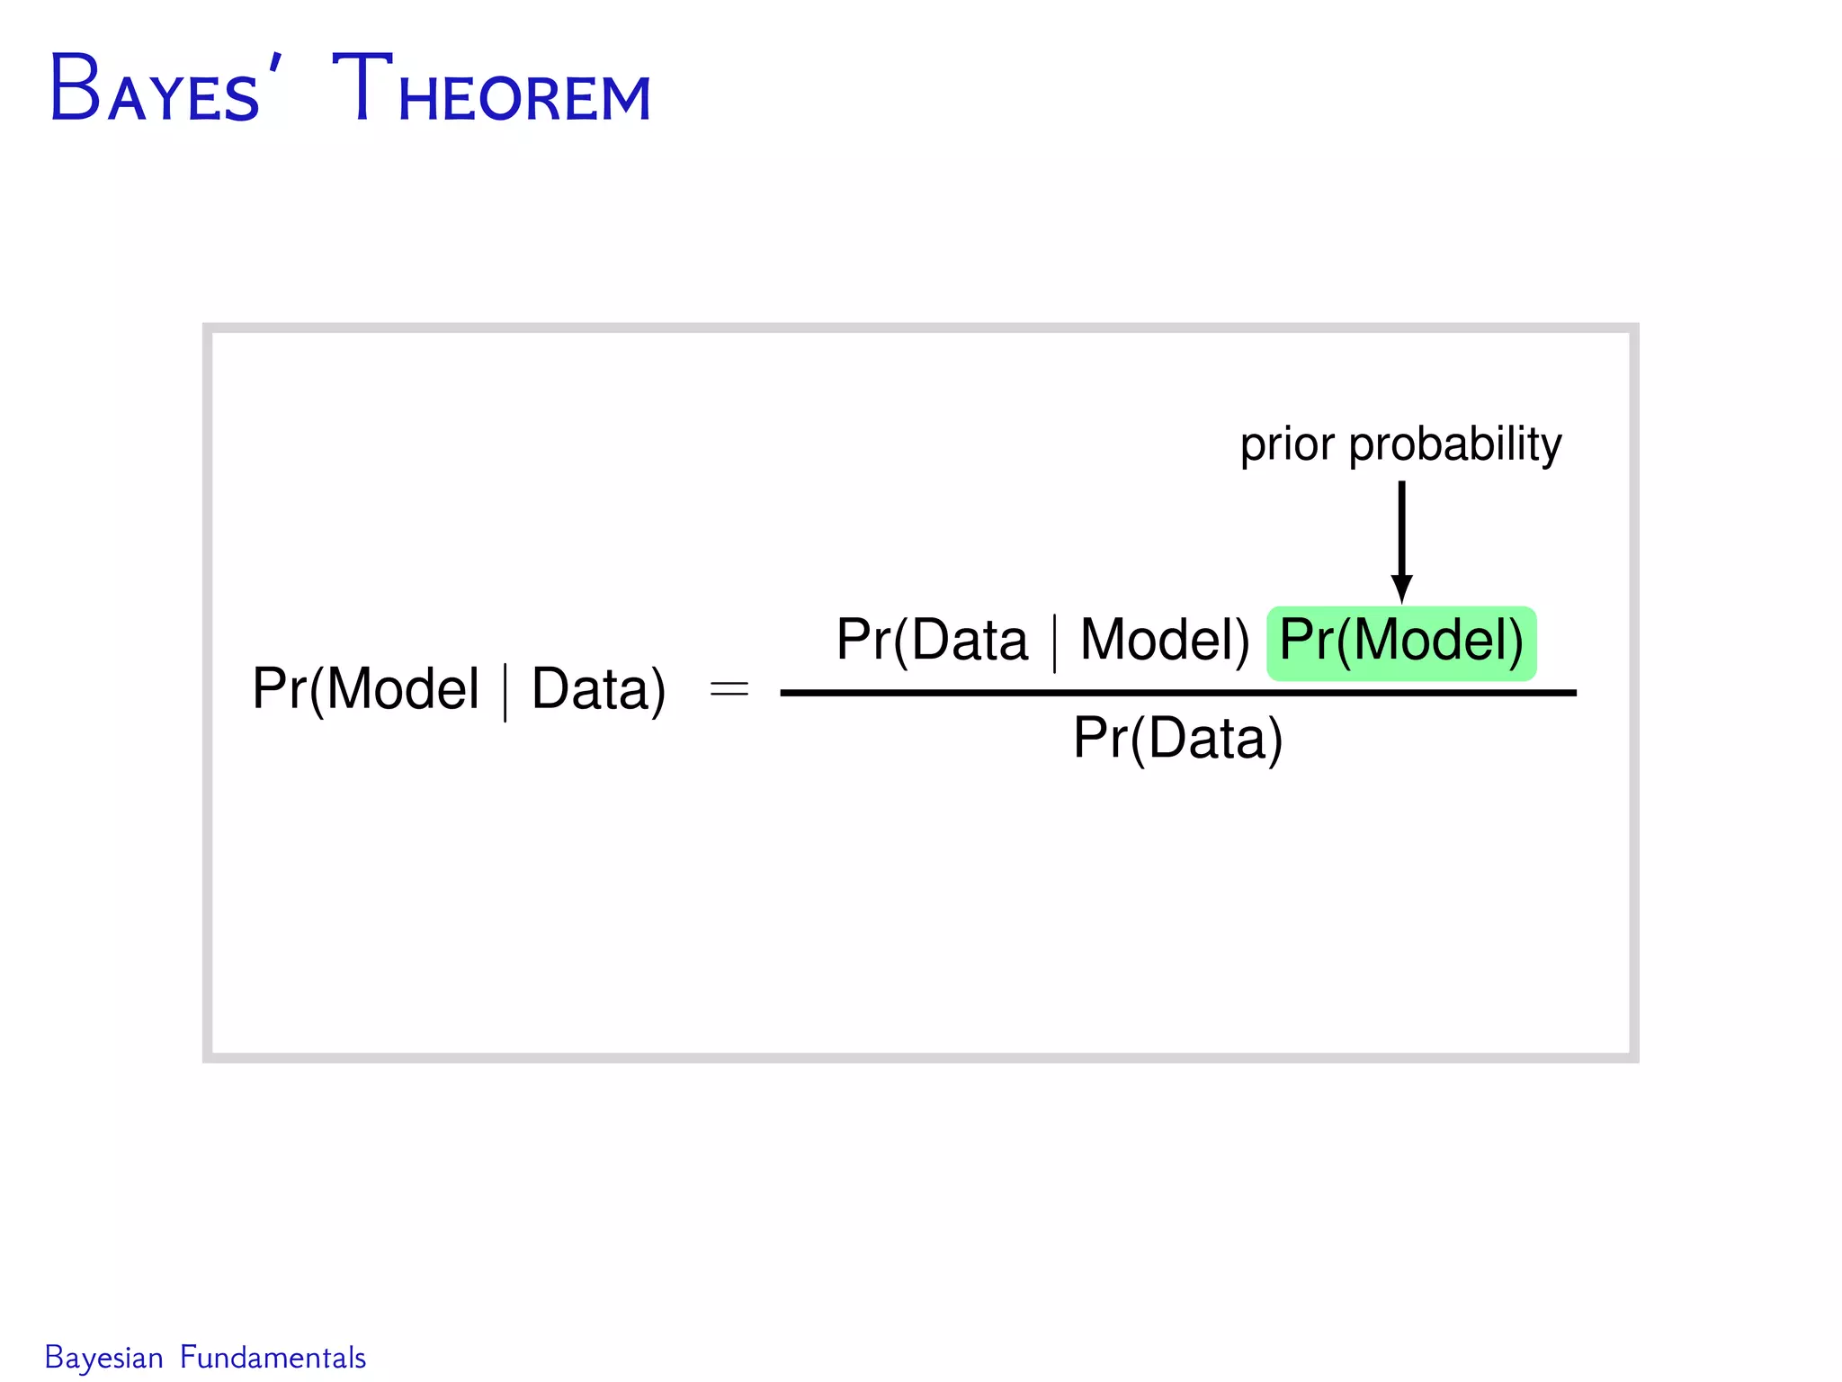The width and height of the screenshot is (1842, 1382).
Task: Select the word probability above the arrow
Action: pos(1454,444)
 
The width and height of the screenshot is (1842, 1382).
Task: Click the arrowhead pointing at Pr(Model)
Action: pos(1401,588)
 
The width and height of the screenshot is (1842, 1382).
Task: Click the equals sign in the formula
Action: pos(729,690)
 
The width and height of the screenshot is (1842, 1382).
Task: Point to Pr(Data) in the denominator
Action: pos(1177,739)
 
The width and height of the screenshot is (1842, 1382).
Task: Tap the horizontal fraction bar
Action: pos(1177,692)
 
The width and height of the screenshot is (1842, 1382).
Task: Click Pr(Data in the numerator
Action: pos(932,641)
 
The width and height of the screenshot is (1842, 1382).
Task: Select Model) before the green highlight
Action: pos(1165,641)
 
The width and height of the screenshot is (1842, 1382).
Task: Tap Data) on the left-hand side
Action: pos(598,690)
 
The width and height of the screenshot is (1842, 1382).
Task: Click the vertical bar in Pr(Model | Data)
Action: pos(505,692)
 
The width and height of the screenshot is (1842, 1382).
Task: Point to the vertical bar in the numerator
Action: pos(1054,642)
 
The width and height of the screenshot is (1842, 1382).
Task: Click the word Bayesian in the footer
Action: pos(103,1358)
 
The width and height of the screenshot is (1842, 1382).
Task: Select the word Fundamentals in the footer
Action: pos(273,1358)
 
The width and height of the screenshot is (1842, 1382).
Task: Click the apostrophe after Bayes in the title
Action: pos(274,65)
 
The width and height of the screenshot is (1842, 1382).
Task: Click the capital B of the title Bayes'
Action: pos(75,90)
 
